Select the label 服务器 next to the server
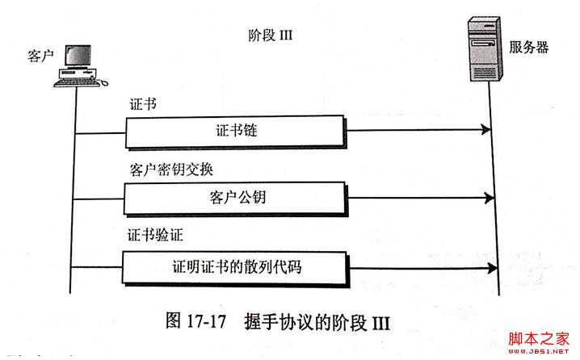(529, 47)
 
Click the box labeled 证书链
(236, 130)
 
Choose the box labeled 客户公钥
(236, 198)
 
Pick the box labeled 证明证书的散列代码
(236, 266)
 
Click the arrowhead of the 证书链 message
(485, 130)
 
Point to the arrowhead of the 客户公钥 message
(485, 198)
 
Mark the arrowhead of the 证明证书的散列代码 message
(485, 266)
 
